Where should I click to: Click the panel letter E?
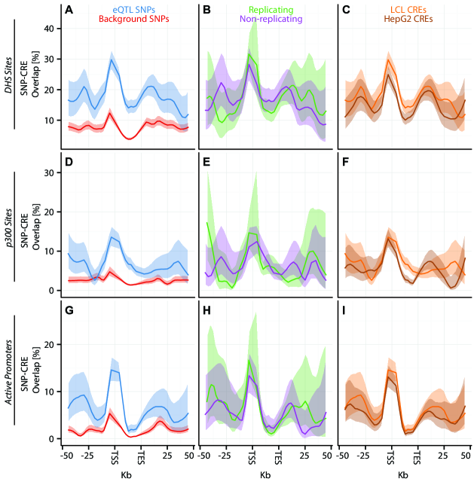pyautogui.click(x=206, y=160)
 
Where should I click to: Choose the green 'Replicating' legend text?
pyautogui.click(x=265, y=9)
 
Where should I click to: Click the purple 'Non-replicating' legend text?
pyautogui.click(x=265, y=19)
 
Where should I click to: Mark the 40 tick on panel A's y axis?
pyautogui.click(x=50, y=29)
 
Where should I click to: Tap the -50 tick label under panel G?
pyautogui.click(x=67, y=456)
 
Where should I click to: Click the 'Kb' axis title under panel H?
pyautogui.click(x=265, y=474)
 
